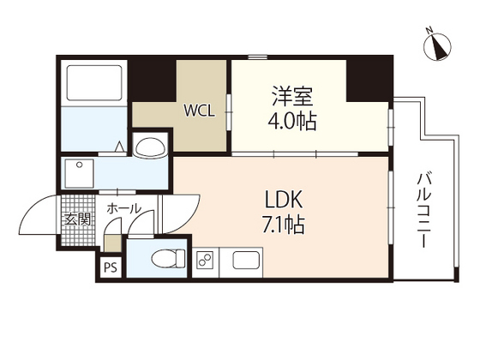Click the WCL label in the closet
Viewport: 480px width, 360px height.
(199, 111)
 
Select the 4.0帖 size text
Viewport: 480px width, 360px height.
(292, 121)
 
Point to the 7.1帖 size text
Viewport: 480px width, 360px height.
(284, 225)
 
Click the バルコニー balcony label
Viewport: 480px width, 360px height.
(424, 210)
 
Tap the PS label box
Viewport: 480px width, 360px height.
(111, 267)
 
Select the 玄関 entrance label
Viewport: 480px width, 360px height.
(78, 219)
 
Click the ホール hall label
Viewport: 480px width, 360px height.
(123, 208)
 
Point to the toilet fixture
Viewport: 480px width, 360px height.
(168, 259)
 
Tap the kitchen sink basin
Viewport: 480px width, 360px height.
(247, 261)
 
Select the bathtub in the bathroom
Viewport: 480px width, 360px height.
(94, 82)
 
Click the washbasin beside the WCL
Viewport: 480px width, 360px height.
(150, 147)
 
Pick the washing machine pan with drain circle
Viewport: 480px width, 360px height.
(79, 174)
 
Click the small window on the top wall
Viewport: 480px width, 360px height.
(257, 57)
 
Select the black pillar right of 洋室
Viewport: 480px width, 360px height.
(369, 78)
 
